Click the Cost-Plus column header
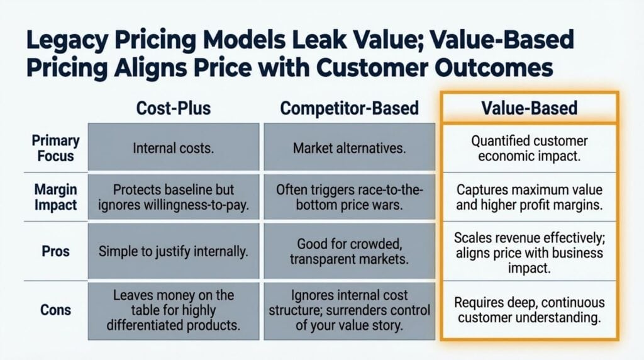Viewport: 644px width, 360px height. [174, 108]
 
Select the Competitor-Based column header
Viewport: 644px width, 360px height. [349, 108]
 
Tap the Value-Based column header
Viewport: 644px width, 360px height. [529, 108]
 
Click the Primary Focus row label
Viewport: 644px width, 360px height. [55, 148]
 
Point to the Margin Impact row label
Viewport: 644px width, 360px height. [55, 197]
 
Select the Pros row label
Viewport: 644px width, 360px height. [55, 250]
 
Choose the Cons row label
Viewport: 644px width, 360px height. [55, 310]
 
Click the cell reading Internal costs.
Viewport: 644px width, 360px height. [174, 147]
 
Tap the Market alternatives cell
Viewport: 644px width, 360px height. [349, 147]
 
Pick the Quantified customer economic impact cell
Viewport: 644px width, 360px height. [529, 148]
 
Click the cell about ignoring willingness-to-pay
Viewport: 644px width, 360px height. [174, 197]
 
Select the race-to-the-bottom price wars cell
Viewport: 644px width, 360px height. [349, 197]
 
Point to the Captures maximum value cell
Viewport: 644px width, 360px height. [529, 197]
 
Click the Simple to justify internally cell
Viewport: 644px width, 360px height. [174, 251]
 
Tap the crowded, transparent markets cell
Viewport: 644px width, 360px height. [349, 251]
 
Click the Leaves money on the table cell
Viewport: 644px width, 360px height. [174, 311]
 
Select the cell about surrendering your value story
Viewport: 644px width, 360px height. [349, 311]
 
